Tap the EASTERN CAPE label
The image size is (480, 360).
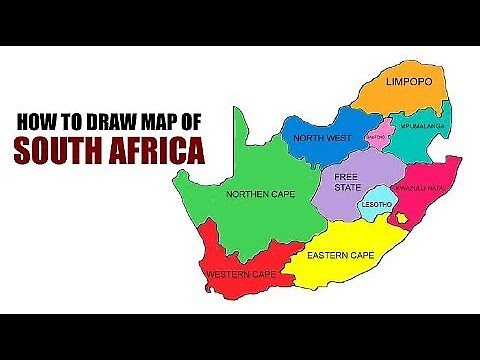pyautogui.click(x=341, y=256)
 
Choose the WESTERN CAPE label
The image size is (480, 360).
pyautogui.click(x=240, y=274)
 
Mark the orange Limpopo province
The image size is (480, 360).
pyautogui.click(x=400, y=95)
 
